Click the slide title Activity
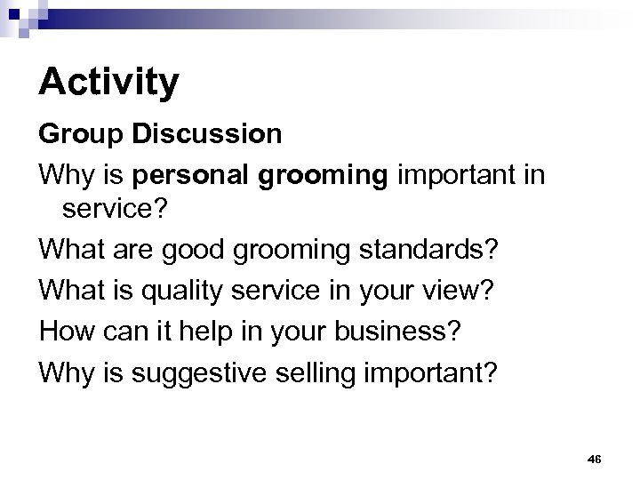(108, 83)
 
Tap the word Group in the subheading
(75, 134)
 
